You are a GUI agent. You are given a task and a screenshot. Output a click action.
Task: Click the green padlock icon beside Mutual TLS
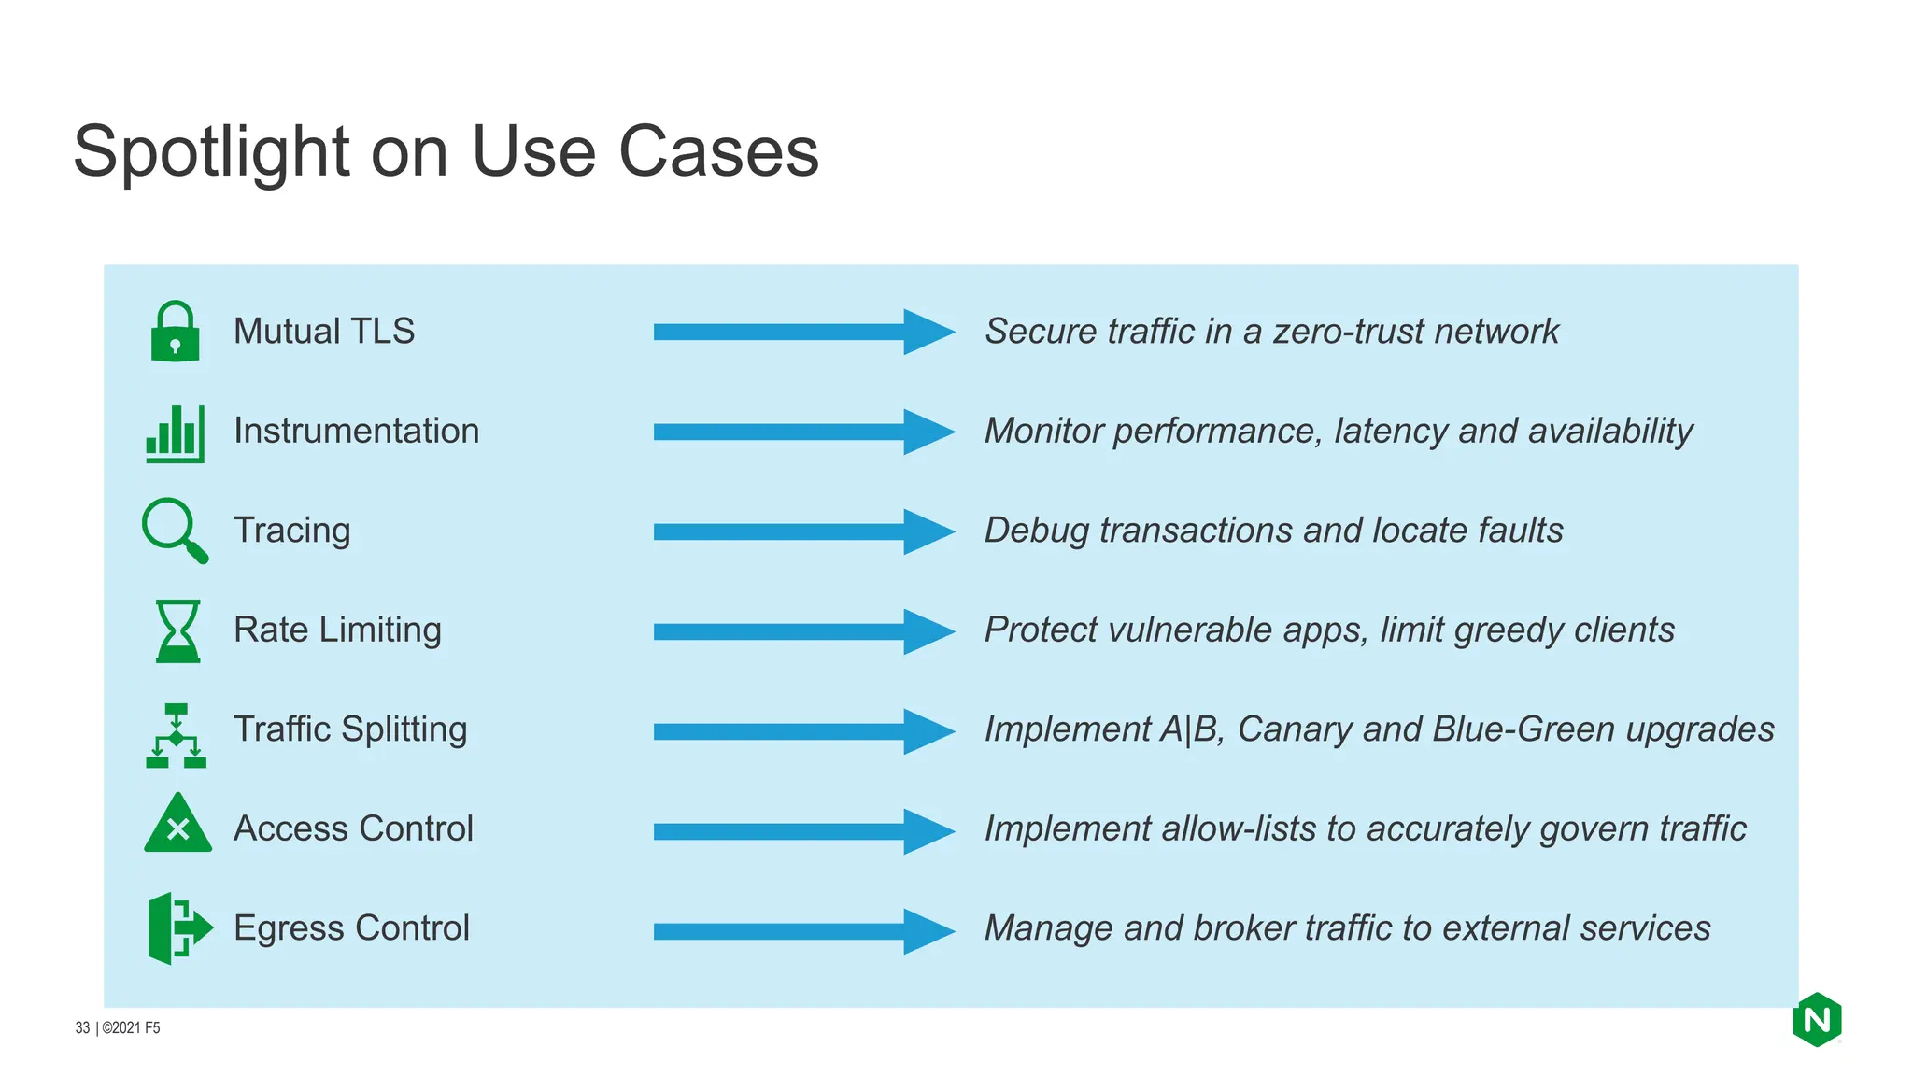click(175, 333)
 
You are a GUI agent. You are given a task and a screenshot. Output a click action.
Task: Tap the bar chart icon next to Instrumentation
click(175, 433)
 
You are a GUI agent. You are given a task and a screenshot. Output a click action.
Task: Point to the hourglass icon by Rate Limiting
click(177, 631)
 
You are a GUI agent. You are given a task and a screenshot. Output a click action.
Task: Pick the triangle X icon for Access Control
click(177, 825)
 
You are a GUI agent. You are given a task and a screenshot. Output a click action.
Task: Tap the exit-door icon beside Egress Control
click(178, 927)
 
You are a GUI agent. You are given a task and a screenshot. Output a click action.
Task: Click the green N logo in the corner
click(1816, 1020)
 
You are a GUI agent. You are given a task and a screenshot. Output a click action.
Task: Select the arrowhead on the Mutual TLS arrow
click(928, 332)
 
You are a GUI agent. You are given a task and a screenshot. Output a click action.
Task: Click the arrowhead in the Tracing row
click(928, 531)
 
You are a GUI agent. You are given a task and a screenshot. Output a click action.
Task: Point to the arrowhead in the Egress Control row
click(928, 931)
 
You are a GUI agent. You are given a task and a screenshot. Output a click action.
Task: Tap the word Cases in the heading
click(718, 152)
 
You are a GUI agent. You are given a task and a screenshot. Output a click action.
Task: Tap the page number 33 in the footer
click(82, 1027)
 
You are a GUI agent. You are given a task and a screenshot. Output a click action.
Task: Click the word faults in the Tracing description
click(1520, 531)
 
